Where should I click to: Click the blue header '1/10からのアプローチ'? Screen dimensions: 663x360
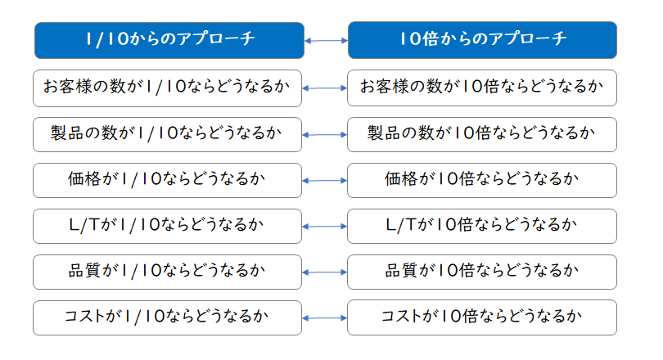click(169, 41)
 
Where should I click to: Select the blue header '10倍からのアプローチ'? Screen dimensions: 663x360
click(482, 40)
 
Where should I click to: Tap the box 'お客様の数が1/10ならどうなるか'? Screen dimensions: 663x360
click(168, 88)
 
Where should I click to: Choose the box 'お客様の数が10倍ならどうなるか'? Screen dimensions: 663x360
click(482, 88)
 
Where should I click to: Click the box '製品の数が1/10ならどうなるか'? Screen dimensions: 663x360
click(168, 134)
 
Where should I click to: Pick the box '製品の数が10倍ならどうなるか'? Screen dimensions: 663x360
click(482, 134)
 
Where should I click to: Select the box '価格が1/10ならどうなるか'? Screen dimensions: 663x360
click(168, 181)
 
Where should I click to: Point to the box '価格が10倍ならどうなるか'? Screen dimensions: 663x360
click(482, 181)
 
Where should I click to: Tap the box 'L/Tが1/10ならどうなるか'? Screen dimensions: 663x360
click(168, 226)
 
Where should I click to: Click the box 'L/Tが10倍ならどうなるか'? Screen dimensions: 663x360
click(482, 226)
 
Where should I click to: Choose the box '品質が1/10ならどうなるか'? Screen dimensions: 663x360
click(168, 272)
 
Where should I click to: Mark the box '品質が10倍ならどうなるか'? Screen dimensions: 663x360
click(482, 272)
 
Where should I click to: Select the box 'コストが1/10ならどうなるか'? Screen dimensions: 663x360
click(168, 317)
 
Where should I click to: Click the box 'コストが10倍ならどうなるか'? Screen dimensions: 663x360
click(482, 317)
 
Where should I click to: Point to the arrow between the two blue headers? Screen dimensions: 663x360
click(326, 41)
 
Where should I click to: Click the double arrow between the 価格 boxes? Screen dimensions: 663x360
click(325, 181)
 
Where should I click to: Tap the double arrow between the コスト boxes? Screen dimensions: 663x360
click(325, 317)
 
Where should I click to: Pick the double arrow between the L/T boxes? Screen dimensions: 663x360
click(325, 227)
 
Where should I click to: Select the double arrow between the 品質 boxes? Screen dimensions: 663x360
click(325, 272)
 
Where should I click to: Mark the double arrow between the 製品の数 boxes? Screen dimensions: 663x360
click(325, 135)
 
